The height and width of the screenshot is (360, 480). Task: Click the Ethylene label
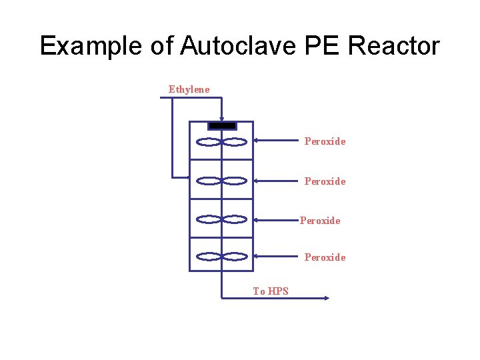pyautogui.click(x=189, y=89)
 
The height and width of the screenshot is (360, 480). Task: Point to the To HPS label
pyautogui.click(x=271, y=291)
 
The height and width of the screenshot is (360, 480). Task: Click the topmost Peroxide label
pyautogui.click(x=325, y=141)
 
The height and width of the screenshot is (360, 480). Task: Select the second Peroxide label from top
pyautogui.click(x=325, y=181)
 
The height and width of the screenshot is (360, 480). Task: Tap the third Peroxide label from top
pyautogui.click(x=320, y=220)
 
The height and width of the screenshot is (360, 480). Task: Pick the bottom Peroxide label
pyautogui.click(x=325, y=257)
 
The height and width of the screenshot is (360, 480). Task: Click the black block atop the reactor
pyautogui.click(x=222, y=125)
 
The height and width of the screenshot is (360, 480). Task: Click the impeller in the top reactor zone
pyautogui.click(x=222, y=141)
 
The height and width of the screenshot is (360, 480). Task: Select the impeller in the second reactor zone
pyautogui.click(x=222, y=180)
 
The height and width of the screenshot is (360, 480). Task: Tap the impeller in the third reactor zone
pyautogui.click(x=222, y=219)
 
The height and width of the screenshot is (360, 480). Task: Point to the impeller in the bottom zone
pyautogui.click(x=222, y=256)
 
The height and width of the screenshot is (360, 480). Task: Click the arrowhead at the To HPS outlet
pyautogui.click(x=326, y=299)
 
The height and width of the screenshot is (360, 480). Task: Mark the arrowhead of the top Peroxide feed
pyautogui.click(x=257, y=141)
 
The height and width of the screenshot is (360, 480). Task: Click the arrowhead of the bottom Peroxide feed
pyautogui.click(x=257, y=256)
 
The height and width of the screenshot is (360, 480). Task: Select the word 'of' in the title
pyautogui.click(x=161, y=46)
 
